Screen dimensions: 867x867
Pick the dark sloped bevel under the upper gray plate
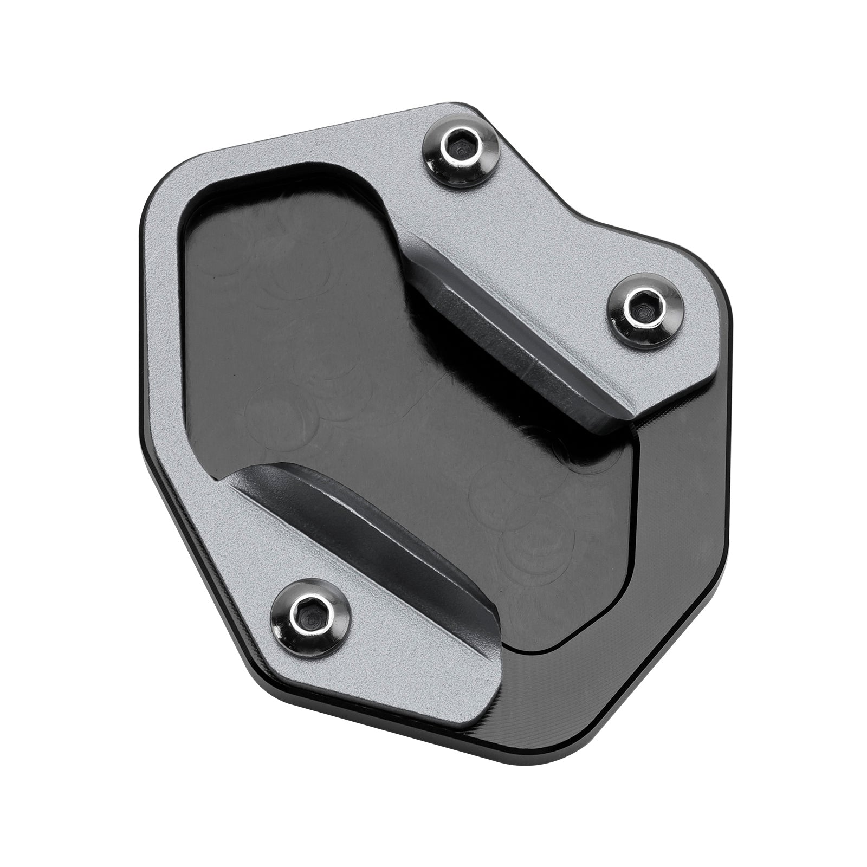[520, 347]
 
